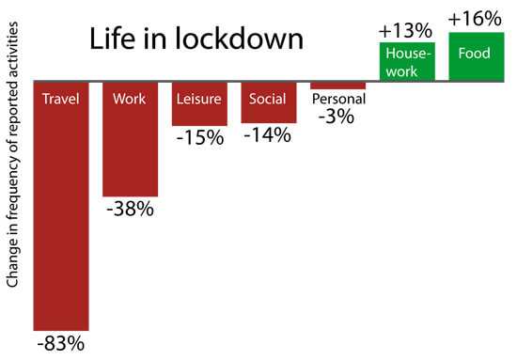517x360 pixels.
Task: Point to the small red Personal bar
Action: pos(337,86)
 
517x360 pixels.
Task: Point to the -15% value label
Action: pos(199,138)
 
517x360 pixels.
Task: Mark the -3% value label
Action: pos(337,115)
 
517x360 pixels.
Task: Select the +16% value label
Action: pos(475,18)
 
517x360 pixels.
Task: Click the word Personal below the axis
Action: pos(337,98)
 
